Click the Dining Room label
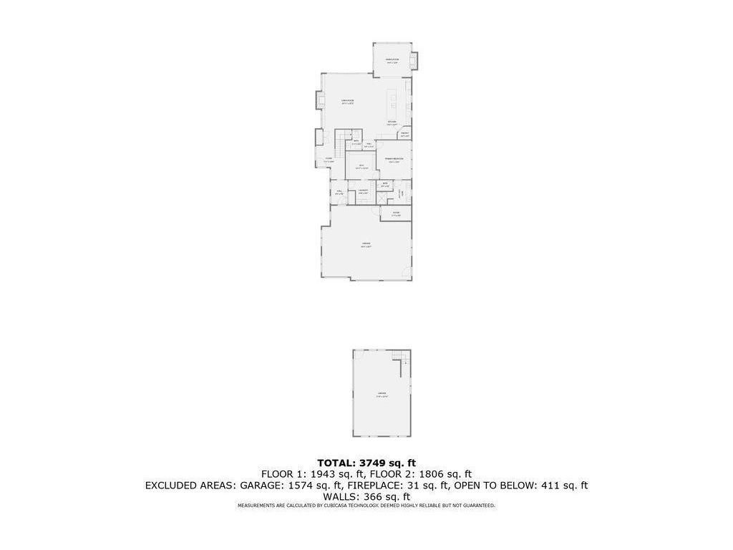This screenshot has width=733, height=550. click(x=392, y=61)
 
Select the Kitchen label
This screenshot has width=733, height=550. click(x=392, y=122)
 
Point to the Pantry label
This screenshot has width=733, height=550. click(x=404, y=135)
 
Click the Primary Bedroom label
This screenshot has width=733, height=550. click(x=394, y=160)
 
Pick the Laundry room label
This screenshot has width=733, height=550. click(x=363, y=191)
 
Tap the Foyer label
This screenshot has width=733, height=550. click(x=329, y=160)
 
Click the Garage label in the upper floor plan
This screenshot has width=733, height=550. click(x=365, y=245)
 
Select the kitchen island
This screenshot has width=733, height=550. click(x=392, y=105)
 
